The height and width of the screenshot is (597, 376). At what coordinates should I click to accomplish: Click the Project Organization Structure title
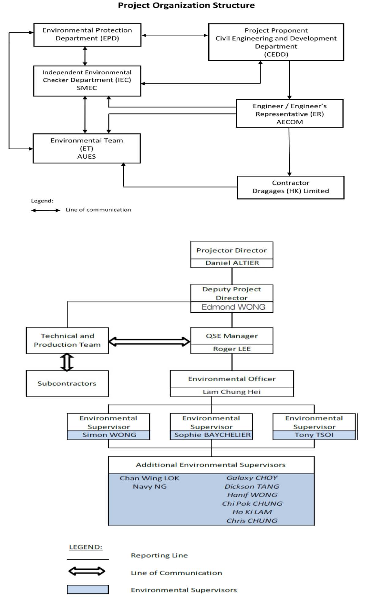tap(186, 5)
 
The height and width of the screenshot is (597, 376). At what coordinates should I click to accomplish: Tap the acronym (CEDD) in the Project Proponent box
tap(276, 54)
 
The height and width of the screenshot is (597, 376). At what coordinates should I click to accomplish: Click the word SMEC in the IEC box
tap(87, 88)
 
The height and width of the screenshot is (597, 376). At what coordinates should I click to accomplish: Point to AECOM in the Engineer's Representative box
tap(290, 122)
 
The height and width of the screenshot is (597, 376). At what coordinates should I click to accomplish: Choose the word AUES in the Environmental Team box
tap(87, 156)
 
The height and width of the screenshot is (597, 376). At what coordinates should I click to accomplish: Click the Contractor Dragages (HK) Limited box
tap(291, 187)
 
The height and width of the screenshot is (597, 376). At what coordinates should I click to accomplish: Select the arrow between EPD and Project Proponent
tap(175, 35)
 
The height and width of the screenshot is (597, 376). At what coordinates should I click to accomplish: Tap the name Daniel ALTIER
tap(232, 263)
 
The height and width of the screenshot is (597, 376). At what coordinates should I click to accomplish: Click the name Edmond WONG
tap(233, 307)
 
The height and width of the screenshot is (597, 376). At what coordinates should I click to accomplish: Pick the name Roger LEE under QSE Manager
tap(232, 349)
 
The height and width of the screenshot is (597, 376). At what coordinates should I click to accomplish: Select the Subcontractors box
tap(67, 384)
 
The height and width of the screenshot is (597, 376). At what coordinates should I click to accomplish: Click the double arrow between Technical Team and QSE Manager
tap(149, 342)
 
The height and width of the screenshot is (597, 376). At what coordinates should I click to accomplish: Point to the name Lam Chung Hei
tap(232, 392)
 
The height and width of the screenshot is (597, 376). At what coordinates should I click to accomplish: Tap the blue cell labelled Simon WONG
tap(109, 435)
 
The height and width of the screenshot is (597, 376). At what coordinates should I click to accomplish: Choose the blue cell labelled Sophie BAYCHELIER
tap(212, 435)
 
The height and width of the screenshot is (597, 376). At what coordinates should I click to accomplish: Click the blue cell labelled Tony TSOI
tap(314, 435)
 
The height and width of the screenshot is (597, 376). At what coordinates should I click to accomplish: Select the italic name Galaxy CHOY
tap(252, 478)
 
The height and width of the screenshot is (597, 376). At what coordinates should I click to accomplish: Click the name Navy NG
tap(150, 486)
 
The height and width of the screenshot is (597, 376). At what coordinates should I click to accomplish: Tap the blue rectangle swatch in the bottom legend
tap(88, 590)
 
